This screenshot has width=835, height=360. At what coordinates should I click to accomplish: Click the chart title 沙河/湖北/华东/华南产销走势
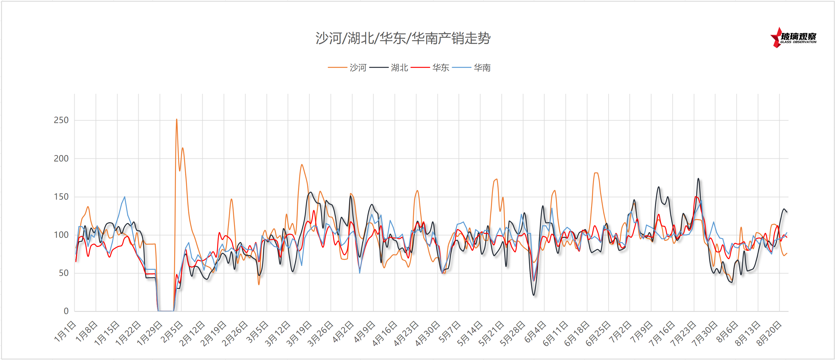403,38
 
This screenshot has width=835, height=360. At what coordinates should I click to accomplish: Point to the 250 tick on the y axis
61,120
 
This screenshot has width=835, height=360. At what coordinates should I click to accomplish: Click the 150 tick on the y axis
61,197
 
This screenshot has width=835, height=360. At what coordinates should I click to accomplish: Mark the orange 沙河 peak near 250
176,119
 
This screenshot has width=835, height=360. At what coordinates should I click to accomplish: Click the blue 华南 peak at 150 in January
124,197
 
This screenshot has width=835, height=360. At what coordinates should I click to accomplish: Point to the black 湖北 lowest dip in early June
534,295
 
